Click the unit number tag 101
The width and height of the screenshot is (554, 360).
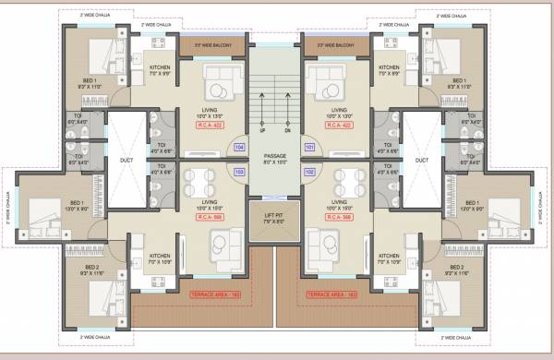[x=310, y=147]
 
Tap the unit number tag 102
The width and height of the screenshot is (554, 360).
[x=310, y=172]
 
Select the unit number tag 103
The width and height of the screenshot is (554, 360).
[x=239, y=172]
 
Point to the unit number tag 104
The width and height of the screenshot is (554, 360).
[x=239, y=147]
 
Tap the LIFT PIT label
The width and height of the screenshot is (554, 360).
[x=275, y=219]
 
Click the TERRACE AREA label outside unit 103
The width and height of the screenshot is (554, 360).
[x=212, y=294]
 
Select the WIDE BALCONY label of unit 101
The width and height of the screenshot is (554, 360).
[x=338, y=43]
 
